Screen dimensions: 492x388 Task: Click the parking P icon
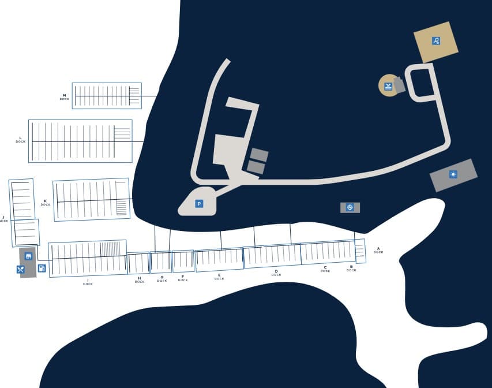coord(199,204)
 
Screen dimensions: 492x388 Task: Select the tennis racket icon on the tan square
coord(436,41)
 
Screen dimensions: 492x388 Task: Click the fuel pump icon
coord(42,268)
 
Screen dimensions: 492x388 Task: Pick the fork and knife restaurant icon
coord(21,269)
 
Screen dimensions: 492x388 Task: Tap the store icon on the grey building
coord(28,256)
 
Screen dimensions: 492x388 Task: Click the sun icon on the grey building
coord(453,174)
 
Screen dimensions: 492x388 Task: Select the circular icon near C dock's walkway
coord(350,207)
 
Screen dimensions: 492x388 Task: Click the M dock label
coord(65,96)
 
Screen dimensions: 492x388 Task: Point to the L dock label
coord(21,140)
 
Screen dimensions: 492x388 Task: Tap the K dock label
coord(46,203)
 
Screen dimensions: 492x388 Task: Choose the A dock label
coord(378,250)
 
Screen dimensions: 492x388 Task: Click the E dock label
coord(219,277)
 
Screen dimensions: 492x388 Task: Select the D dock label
coord(276,273)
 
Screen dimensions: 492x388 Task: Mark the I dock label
coord(88,282)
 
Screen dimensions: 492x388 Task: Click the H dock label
coord(140,279)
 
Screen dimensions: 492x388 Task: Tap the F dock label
coord(183,278)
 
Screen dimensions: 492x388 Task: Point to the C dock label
coord(325,268)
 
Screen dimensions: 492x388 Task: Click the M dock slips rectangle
coord(107,96)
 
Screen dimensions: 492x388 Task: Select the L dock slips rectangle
coord(81,141)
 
